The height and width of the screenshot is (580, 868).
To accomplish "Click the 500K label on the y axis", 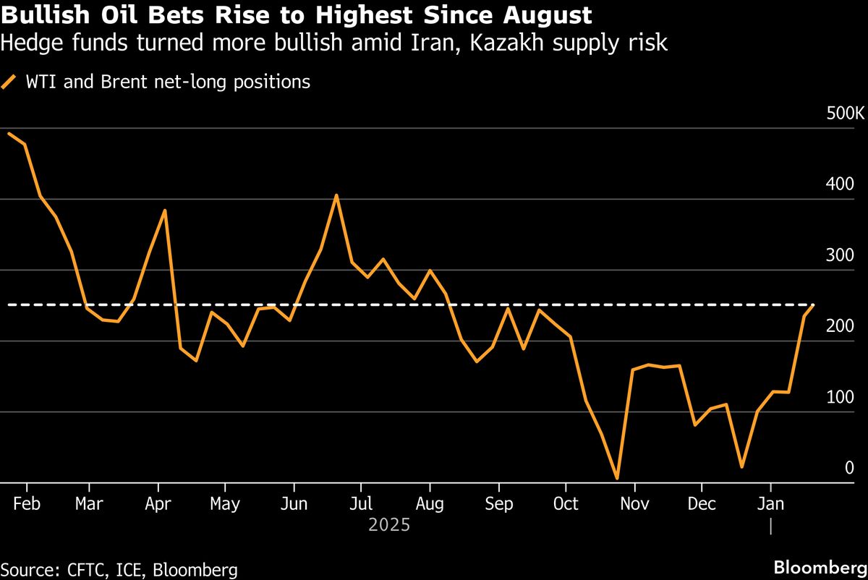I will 845,114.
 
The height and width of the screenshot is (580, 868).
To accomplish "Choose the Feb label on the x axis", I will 26,503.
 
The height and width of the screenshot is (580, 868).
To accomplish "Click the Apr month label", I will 157,503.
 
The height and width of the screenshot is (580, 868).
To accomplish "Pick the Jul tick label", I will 361,503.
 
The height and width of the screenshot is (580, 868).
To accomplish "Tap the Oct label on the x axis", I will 566,503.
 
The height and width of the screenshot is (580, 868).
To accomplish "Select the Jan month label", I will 770,503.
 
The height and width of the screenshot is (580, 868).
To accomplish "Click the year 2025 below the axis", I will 389,525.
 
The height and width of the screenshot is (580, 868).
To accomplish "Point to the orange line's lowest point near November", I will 617,478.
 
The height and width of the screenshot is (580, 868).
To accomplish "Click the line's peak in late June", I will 336,195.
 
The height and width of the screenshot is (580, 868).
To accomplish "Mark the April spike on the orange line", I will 166,210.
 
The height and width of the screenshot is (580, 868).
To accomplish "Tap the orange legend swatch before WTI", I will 9,82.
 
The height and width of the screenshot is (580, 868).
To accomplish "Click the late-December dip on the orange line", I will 741,466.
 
